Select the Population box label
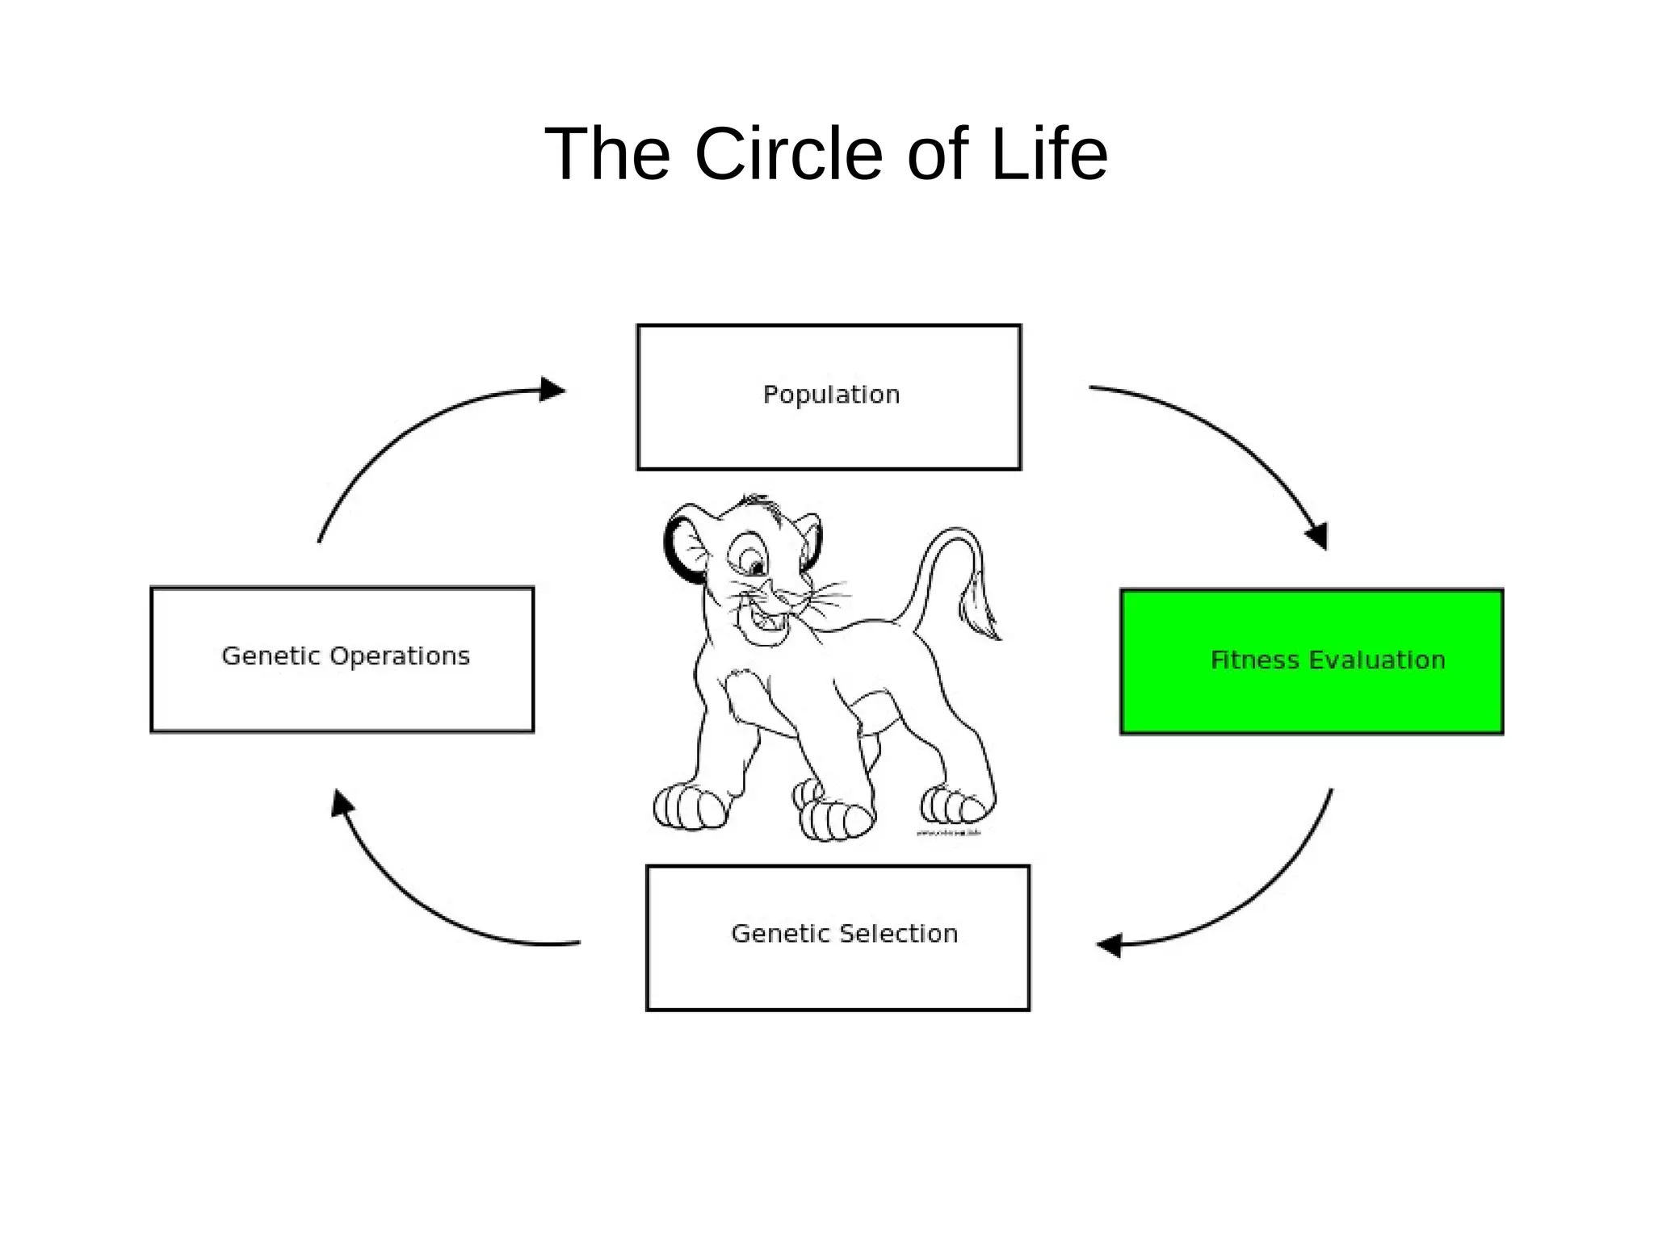(831, 395)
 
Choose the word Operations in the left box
(400, 656)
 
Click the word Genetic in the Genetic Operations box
(271, 656)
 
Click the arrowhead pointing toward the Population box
(552, 390)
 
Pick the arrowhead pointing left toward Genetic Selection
(1109, 945)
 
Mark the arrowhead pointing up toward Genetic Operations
(342, 803)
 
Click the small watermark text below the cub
(948, 832)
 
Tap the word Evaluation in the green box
(1376, 660)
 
